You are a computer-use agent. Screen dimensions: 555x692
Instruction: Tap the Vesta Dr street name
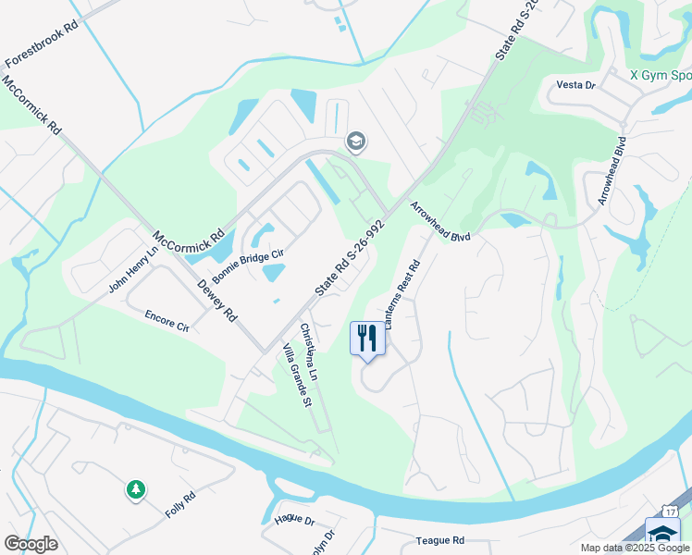pos(575,85)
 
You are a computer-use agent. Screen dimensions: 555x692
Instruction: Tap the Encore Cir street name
pos(166,321)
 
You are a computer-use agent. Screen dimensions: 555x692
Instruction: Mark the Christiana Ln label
pos(309,352)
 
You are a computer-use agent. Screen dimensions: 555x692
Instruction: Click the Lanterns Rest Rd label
pos(403,294)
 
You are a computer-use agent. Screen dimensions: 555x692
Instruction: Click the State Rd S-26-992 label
pos(349,258)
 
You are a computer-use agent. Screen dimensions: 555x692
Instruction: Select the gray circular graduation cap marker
pos(355,142)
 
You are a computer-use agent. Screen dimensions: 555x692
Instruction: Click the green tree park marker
pos(136,488)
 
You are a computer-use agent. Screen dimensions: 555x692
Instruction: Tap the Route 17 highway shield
pos(670,512)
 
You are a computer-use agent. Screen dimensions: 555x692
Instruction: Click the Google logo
pos(31,544)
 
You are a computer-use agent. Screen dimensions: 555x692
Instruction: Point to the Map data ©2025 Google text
pos(635,548)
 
